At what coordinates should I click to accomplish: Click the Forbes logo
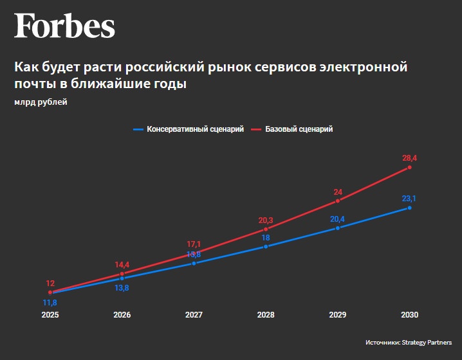pos(64,26)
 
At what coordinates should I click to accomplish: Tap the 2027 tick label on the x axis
pos(194,315)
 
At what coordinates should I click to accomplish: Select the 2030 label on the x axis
pos(409,315)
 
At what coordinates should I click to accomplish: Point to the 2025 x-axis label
pos(50,315)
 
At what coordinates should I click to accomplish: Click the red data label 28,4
pos(409,157)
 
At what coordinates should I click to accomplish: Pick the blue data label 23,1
pos(409,198)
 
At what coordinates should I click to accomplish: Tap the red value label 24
pos(338,192)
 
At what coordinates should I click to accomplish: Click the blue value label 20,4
pos(337,219)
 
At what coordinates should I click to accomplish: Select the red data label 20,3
pos(266,219)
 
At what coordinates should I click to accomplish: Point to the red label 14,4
pos(122,264)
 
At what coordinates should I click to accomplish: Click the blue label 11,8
pos(50,303)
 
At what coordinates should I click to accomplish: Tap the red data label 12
pos(50,283)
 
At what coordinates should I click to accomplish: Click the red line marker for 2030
pos(409,167)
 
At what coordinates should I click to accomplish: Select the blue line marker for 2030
pos(409,208)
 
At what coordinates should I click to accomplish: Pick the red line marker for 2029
pos(338,201)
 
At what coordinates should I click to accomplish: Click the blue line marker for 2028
pos(266,246)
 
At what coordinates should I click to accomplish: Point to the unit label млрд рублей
pos(41,102)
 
